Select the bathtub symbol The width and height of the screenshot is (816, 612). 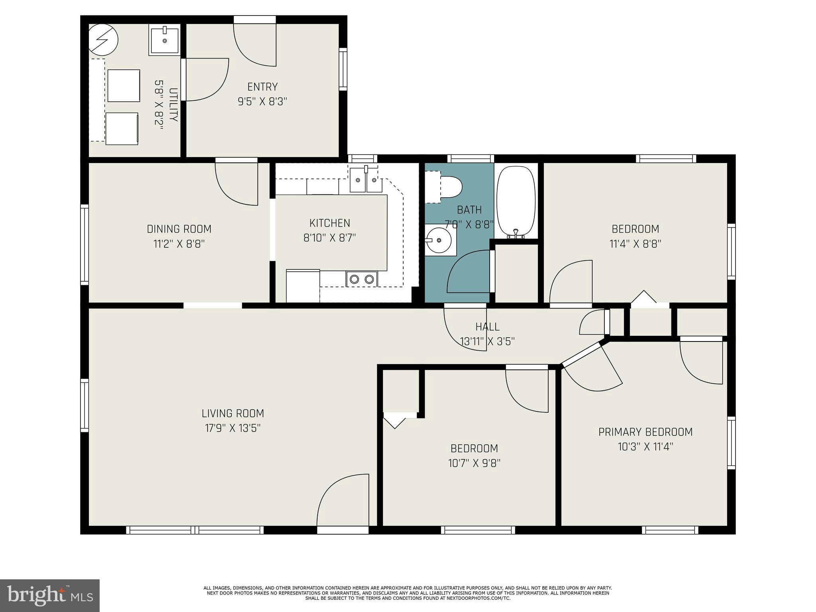click(516, 201)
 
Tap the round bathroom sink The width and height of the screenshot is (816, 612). click(438, 240)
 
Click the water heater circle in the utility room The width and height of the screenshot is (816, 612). click(103, 40)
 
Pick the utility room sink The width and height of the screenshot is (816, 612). click(165, 39)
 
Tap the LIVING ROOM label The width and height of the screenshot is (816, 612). click(233, 413)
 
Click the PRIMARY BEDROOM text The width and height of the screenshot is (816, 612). click(645, 432)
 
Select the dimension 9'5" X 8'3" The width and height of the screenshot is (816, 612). click(262, 102)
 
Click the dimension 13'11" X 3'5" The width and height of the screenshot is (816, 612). click(487, 341)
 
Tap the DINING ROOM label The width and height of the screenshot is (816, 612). click(179, 229)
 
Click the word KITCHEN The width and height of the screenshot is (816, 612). click(330, 223)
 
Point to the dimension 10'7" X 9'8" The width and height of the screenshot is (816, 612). click(474, 463)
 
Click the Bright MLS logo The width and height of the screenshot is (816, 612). click(49, 595)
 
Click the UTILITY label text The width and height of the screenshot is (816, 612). click(173, 104)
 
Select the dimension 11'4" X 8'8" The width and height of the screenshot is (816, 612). click(635, 244)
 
